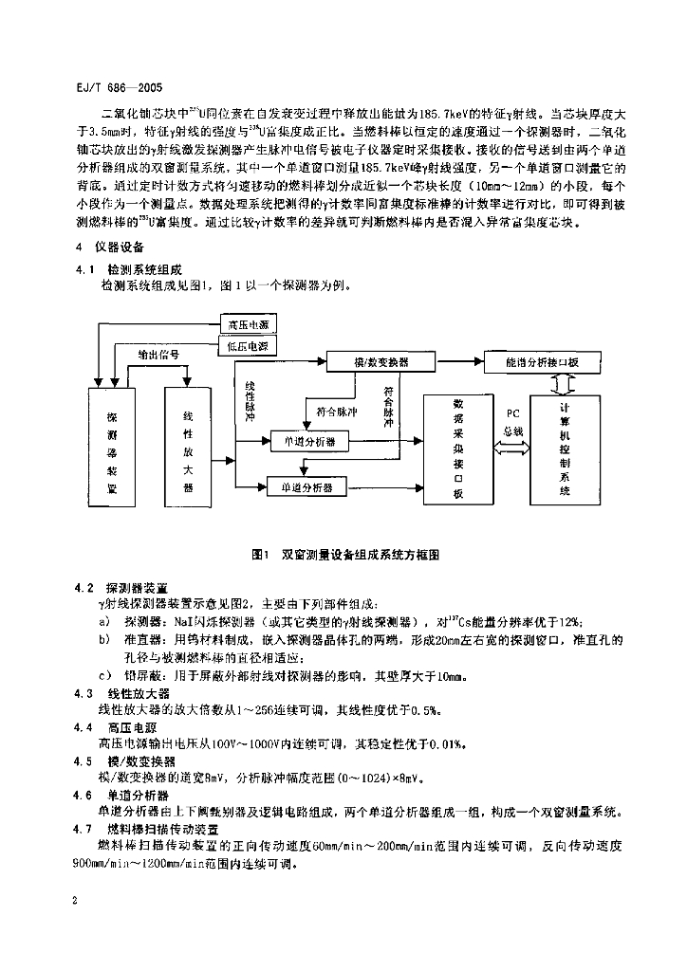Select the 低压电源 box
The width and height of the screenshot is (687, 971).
(248, 346)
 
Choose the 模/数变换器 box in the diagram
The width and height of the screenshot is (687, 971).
(381, 362)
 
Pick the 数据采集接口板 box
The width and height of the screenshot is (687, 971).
(457, 447)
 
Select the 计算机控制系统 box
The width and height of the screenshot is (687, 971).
(565, 447)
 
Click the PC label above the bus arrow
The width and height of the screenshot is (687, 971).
(512, 414)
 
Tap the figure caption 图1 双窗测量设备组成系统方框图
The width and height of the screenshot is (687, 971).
(343, 551)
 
